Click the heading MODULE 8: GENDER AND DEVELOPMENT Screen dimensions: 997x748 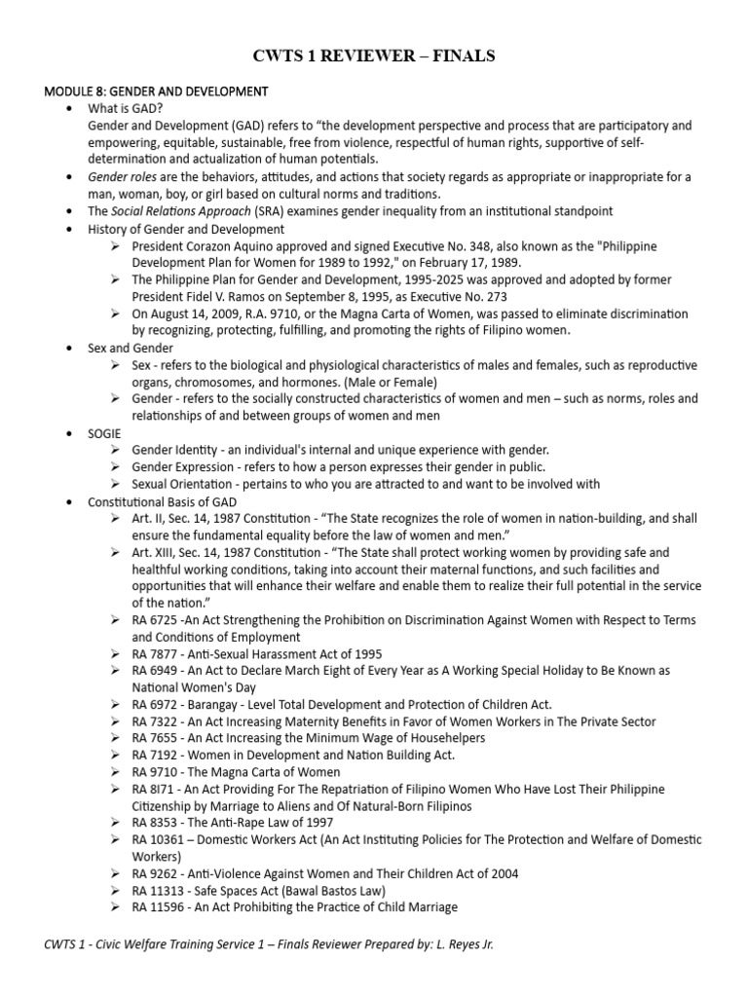(x=156, y=92)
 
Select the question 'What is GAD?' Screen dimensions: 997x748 (x=125, y=109)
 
